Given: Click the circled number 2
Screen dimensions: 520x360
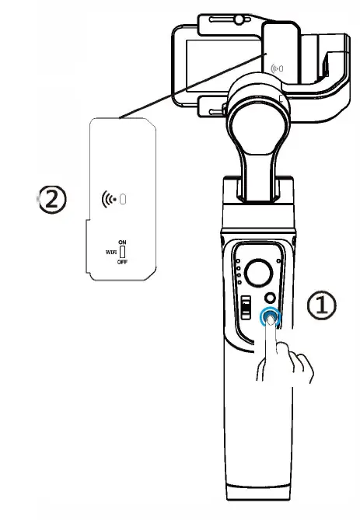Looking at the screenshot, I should tap(51, 200).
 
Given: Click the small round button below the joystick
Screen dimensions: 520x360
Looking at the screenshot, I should tap(271, 298).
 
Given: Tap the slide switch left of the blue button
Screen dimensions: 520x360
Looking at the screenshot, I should tap(244, 308).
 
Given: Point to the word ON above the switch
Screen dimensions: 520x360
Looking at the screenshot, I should tap(122, 243).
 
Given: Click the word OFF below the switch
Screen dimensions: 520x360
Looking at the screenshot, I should tap(122, 263).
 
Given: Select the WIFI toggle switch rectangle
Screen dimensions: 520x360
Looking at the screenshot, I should tap(122, 253).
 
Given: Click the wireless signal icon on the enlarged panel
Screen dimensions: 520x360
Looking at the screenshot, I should tap(113, 198).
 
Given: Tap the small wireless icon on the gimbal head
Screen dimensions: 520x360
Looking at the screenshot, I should tap(276, 68).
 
